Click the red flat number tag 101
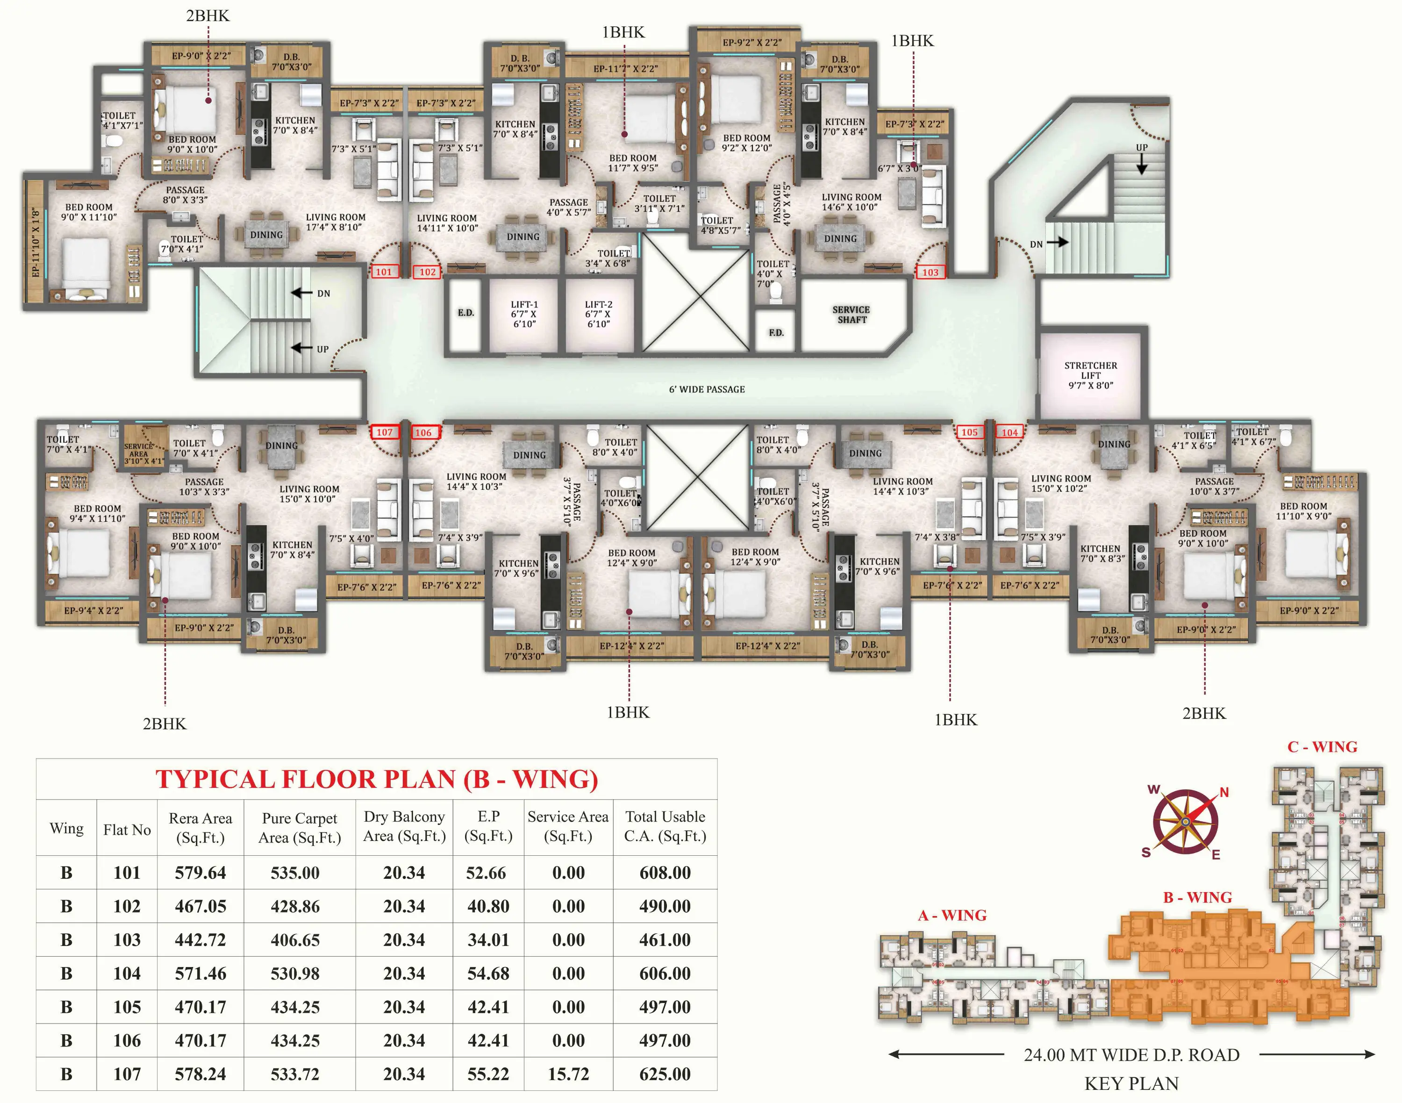click(x=384, y=272)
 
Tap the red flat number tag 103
click(x=930, y=272)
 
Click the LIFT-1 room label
click(x=524, y=314)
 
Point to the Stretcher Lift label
click(x=1090, y=375)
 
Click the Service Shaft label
click(x=851, y=315)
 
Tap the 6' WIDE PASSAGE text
click(x=707, y=389)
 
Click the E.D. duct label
click(x=465, y=313)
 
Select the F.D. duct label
click(x=776, y=333)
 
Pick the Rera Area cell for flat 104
click(x=200, y=973)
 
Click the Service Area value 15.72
click(x=568, y=1074)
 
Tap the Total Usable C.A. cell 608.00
click(x=665, y=873)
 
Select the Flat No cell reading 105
click(x=127, y=1007)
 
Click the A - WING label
click(x=952, y=915)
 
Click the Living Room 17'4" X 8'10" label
click(x=335, y=222)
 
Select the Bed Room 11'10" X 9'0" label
click(x=1303, y=511)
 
